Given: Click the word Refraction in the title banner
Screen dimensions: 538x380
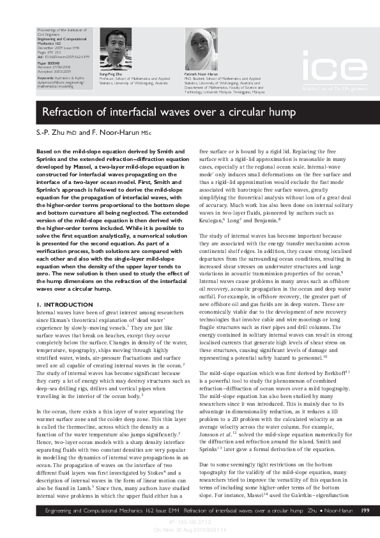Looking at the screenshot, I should pyautogui.click(x=70, y=113).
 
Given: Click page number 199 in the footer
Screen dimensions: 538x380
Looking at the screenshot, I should pyautogui.click(x=365, y=510).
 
